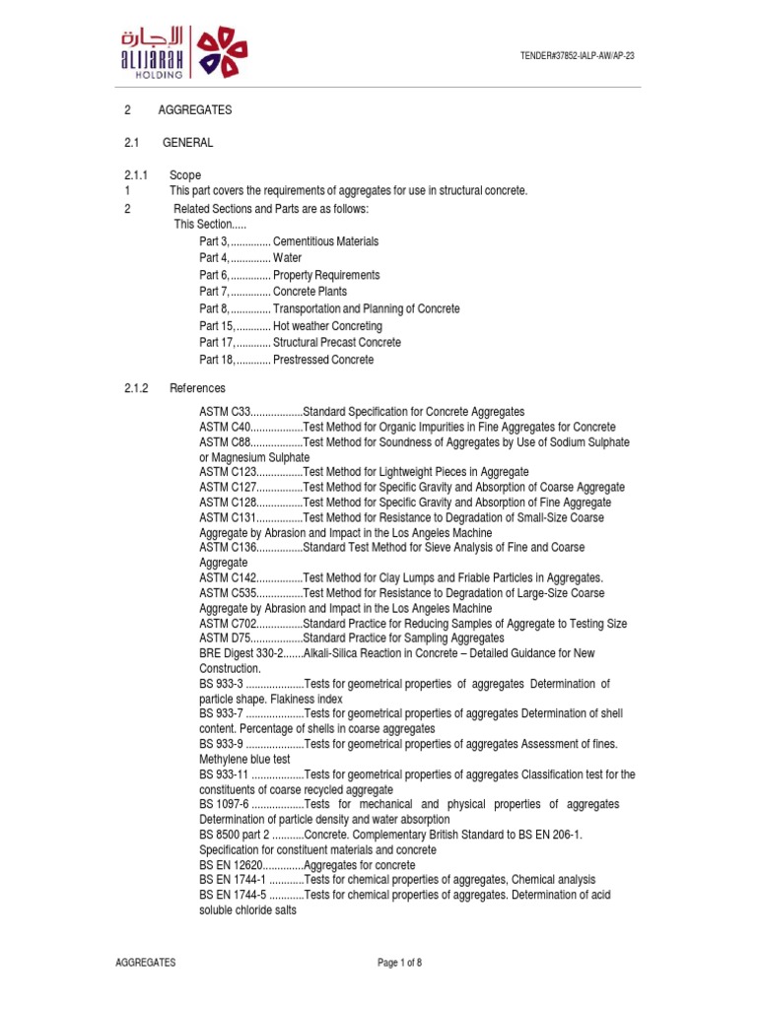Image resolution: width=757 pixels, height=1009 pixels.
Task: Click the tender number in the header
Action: click(577, 56)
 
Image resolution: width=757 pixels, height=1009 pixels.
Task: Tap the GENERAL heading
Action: click(187, 143)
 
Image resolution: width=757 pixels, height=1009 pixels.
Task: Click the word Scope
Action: click(185, 175)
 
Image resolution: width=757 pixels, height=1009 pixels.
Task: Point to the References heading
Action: click(197, 388)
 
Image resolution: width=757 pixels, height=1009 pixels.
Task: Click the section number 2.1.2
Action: click(136, 388)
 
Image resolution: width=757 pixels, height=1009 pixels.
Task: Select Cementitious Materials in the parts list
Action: click(325, 241)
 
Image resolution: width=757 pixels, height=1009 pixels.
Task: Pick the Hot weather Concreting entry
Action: click(327, 326)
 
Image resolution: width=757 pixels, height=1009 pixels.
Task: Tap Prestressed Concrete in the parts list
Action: click(323, 360)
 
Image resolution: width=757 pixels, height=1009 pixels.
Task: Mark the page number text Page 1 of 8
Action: click(400, 963)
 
